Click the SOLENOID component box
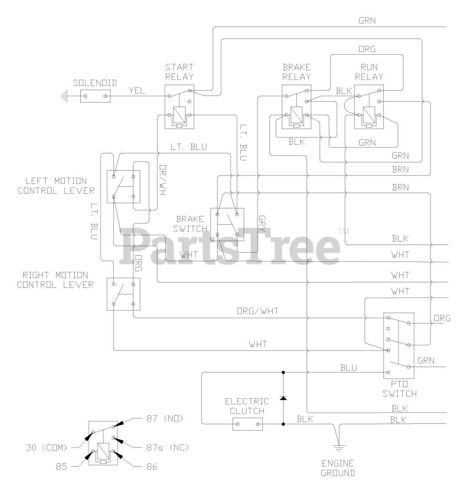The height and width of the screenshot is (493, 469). point(95,96)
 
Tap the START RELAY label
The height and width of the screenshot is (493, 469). point(179,72)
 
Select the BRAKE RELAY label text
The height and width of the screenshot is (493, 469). point(296,72)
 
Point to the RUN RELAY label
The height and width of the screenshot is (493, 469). point(369,72)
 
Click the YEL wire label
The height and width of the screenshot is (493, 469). point(137,91)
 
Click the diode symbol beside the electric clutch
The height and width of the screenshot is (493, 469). point(283,397)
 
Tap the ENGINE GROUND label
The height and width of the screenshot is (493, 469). point(338,468)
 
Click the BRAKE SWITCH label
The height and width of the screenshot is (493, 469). point(190,224)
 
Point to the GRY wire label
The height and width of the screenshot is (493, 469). point(262,223)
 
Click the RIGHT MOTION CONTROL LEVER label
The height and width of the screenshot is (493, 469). point(55,280)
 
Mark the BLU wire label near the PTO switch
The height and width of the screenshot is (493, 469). point(348,368)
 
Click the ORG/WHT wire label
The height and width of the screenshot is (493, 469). point(257,311)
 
